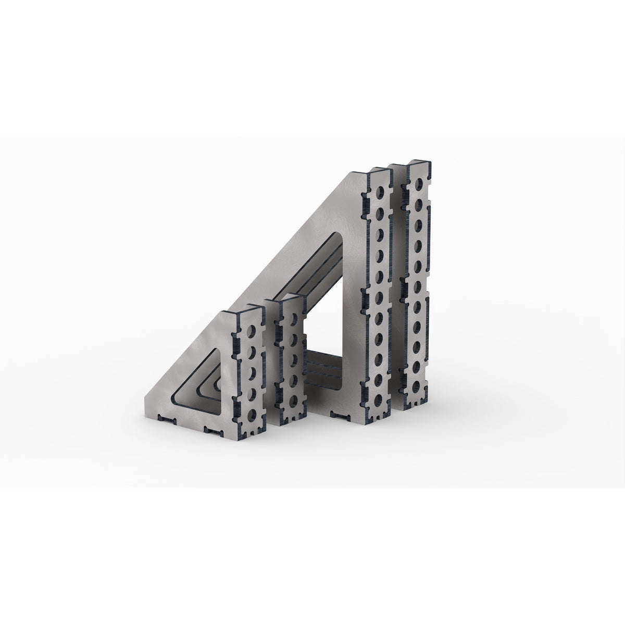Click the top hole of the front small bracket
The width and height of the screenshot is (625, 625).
(x=252, y=332)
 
